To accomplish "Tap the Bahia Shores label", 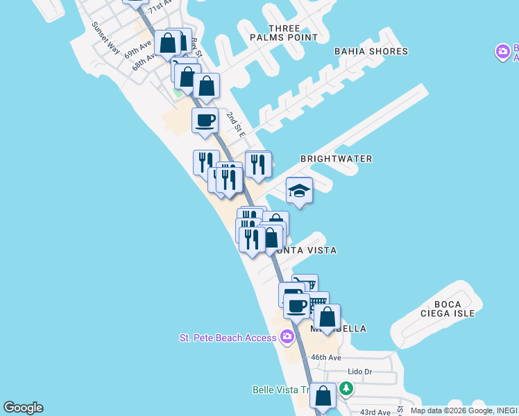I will [x=371, y=51].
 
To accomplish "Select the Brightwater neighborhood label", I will [x=336, y=159].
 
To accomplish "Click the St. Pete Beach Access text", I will [x=228, y=338].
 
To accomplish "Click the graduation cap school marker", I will [x=299, y=191].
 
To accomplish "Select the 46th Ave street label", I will [x=326, y=358].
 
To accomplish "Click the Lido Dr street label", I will [x=359, y=372].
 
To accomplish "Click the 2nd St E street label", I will [x=235, y=123].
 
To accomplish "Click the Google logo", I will [x=23, y=408].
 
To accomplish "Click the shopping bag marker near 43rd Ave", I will [x=323, y=396].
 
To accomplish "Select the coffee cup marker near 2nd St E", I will [x=205, y=121].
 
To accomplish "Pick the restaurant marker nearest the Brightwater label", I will [x=258, y=164].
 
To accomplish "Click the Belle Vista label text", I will [x=280, y=390].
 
